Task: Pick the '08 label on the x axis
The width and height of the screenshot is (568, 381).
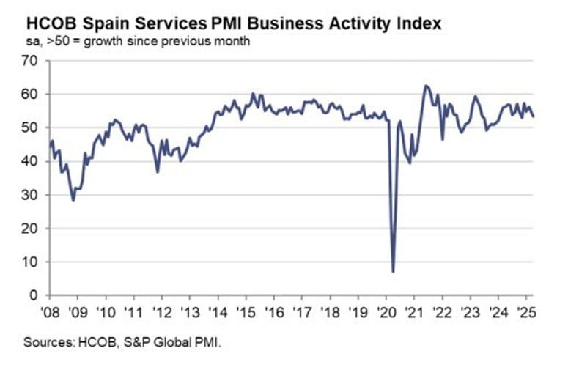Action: pyautogui.click(x=50, y=311)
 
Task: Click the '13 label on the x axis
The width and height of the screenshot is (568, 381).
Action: pyautogui.click(x=189, y=311)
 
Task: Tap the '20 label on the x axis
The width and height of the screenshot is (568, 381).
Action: pyautogui.click(x=385, y=311)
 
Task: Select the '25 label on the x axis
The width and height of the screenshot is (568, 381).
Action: pyautogui.click(x=525, y=311)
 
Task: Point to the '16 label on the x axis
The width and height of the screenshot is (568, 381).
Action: pyautogui.click(x=273, y=311)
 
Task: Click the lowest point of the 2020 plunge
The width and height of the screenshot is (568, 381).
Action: pyautogui.click(x=394, y=272)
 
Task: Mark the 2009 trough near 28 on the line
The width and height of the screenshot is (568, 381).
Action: pyautogui.click(x=73, y=200)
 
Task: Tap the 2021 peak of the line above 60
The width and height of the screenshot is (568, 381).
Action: pyautogui.click(x=426, y=86)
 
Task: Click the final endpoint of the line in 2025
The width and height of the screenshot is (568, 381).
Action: pyautogui.click(x=533, y=116)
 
